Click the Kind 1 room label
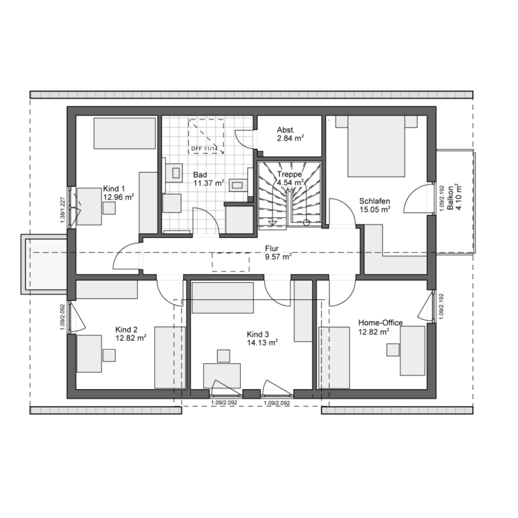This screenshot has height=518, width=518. click(x=118, y=193)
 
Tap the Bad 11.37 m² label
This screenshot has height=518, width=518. click(x=208, y=179)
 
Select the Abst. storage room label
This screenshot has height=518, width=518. click(x=291, y=134)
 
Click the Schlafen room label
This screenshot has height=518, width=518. click(x=375, y=205)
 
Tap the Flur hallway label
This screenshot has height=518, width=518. click(x=278, y=253)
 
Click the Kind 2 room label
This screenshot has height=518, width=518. click(x=131, y=334)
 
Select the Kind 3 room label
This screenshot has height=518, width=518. click(x=262, y=339)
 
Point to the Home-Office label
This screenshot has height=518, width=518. click(x=381, y=327)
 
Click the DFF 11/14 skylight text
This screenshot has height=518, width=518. click(x=205, y=149)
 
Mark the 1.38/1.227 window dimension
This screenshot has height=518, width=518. click(x=63, y=210)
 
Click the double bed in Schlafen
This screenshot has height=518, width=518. click(x=376, y=146)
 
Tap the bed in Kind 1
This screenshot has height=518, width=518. click(x=124, y=134)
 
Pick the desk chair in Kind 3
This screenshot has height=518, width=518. click(x=224, y=356)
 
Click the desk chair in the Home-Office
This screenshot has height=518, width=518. click(x=393, y=350)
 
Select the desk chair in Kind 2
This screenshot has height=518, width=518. click(x=109, y=355)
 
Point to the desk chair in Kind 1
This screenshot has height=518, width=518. click(x=109, y=208)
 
